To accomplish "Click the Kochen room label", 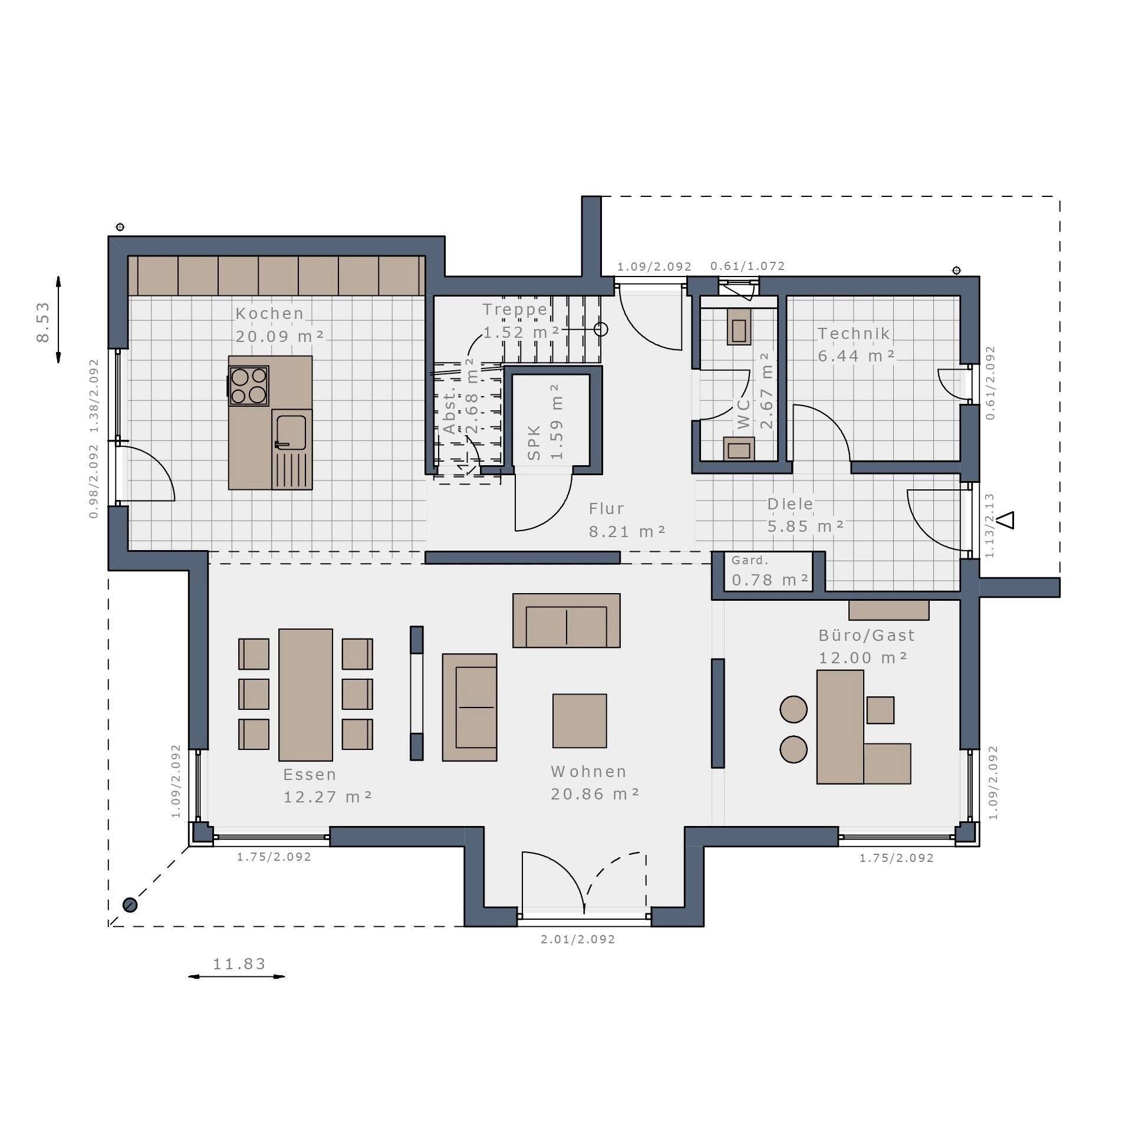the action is [269, 313].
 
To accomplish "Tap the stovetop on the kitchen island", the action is [248, 386].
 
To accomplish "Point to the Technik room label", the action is [854, 333].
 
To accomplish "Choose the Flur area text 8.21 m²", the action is [627, 531].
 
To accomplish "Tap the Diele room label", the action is [790, 504].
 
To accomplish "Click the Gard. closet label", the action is [750, 560].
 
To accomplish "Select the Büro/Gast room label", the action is [867, 635].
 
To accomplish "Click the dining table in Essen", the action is [305, 695].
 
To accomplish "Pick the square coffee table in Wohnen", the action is [580, 720].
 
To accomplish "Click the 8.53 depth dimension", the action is [43, 322].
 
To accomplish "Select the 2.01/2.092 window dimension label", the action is [578, 939].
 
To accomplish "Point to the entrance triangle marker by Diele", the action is [1008, 520].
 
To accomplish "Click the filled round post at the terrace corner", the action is [130, 904].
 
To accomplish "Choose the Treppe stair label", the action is [515, 309].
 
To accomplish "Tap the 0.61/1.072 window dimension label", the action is [748, 266].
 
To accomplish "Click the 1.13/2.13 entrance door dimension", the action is [990, 526].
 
